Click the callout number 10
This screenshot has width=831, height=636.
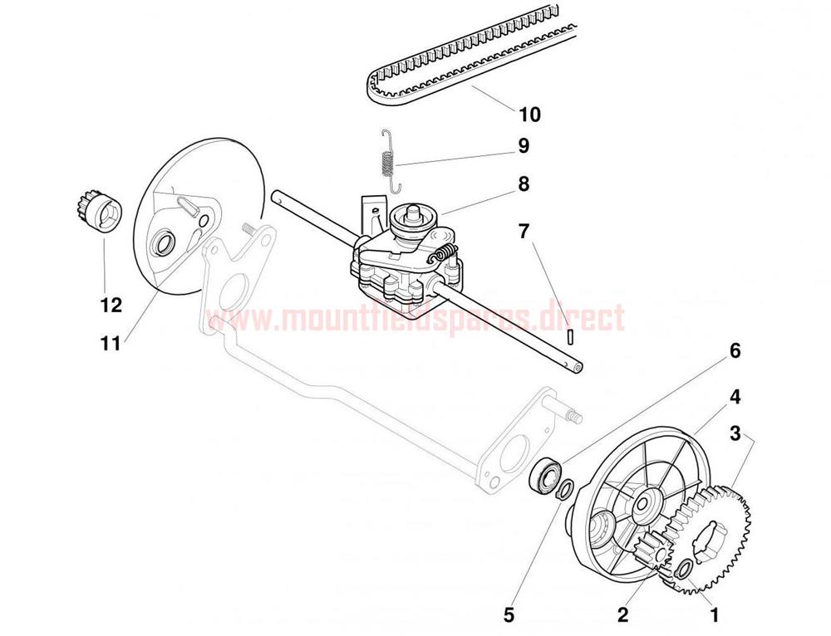click(530, 114)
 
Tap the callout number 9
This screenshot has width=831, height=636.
click(524, 145)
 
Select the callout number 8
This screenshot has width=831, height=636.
click(524, 184)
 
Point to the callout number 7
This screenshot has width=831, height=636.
click(524, 231)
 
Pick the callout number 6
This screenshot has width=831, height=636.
click(735, 350)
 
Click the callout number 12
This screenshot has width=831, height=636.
click(111, 305)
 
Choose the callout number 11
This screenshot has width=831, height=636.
click(111, 344)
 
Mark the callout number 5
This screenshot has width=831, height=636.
click(509, 614)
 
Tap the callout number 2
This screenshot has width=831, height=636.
click(622, 614)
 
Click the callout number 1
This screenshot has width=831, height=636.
click(715, 614)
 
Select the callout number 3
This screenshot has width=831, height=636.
click(735, 433)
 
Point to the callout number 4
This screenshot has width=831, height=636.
click(735, 396)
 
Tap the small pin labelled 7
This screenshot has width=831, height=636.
click(569, 337)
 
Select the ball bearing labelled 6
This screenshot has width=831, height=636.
click(545, 473)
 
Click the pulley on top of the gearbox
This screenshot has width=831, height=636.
click(413, 220)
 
